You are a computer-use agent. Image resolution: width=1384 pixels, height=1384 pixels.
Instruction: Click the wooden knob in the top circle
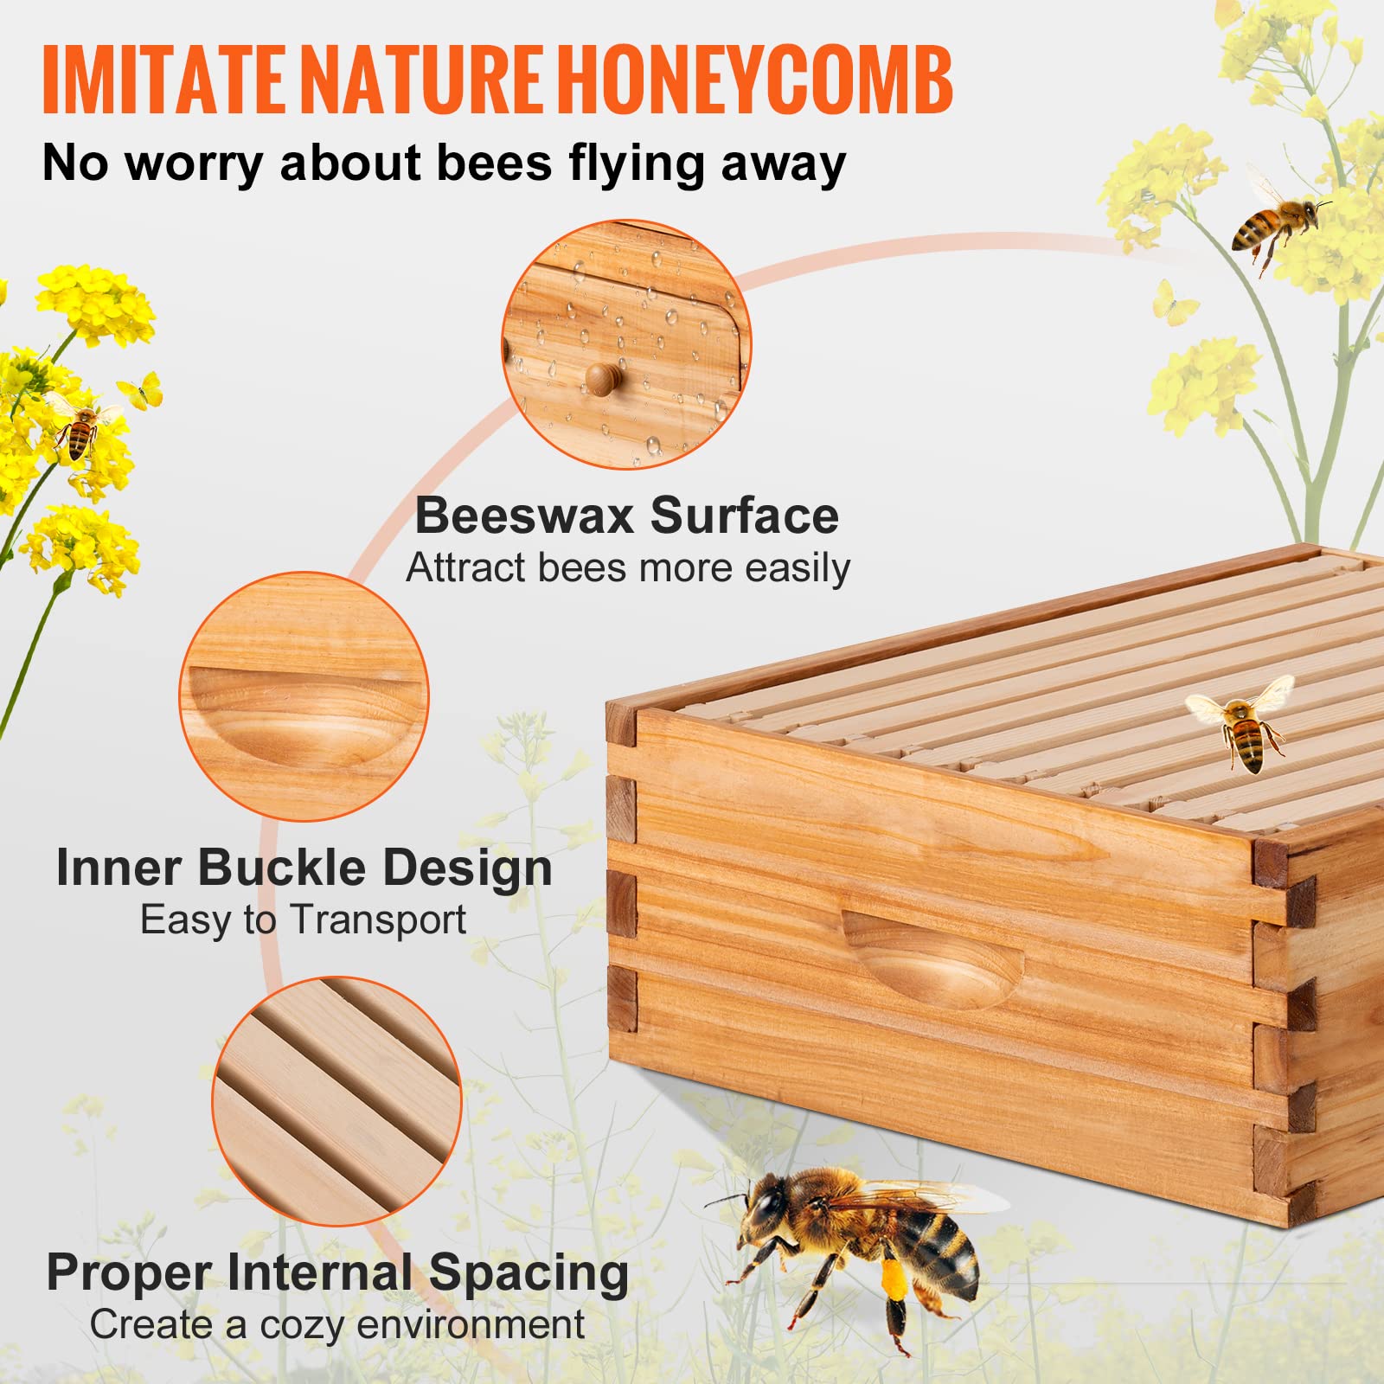[602, 378]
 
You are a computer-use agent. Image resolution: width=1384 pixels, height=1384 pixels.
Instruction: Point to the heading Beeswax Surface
[626, 516]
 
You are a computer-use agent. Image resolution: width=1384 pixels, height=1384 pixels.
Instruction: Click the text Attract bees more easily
[628, 568]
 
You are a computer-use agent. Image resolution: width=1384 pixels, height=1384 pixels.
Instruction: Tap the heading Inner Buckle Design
[304, 868]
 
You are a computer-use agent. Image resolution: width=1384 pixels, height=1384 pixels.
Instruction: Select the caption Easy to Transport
[303, 919]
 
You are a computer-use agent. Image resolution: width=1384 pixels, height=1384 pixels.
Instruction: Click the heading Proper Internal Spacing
[337, 1272]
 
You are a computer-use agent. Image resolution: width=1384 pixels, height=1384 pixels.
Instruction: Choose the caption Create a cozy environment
[337, 1324]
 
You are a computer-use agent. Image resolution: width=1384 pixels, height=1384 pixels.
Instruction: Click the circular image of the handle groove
[304, 696]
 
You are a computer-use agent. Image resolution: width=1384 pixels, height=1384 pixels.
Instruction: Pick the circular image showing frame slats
[336, 1101]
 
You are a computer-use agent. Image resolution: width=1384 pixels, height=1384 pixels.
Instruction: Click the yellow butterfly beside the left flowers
[144, 390]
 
